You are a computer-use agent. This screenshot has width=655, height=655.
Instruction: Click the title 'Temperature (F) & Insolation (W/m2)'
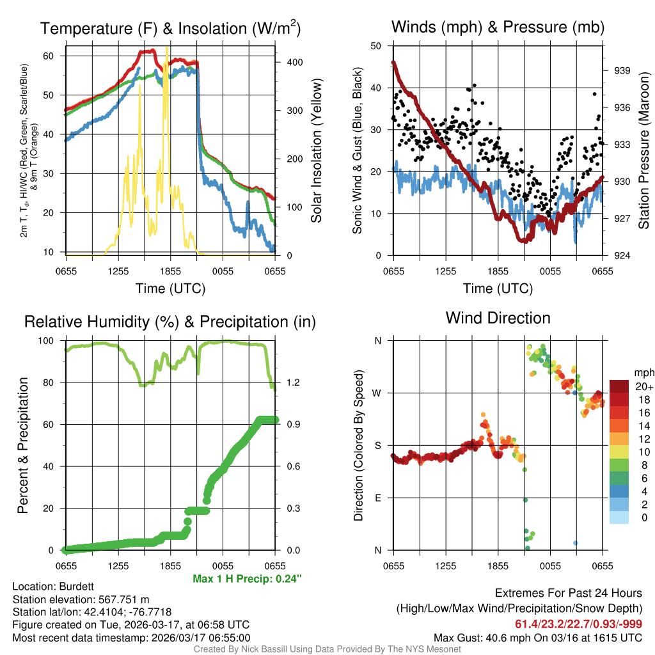170,28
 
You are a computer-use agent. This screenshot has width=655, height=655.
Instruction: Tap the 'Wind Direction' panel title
498,318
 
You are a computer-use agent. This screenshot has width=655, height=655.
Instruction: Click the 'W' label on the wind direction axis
377,393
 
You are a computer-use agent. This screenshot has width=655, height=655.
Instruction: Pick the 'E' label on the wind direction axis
378,498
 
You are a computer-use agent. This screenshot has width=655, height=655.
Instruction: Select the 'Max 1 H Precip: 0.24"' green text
247,579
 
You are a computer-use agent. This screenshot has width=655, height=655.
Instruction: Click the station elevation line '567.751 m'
81,599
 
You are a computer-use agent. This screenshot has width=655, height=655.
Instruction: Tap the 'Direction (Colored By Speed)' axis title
358,445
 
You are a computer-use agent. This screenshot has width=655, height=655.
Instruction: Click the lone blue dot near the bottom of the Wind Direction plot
576,542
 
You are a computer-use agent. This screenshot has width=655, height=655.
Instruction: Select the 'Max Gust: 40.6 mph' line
537,637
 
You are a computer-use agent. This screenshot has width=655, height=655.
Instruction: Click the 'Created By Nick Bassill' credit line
327,649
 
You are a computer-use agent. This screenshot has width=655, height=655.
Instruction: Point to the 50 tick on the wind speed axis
377,46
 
